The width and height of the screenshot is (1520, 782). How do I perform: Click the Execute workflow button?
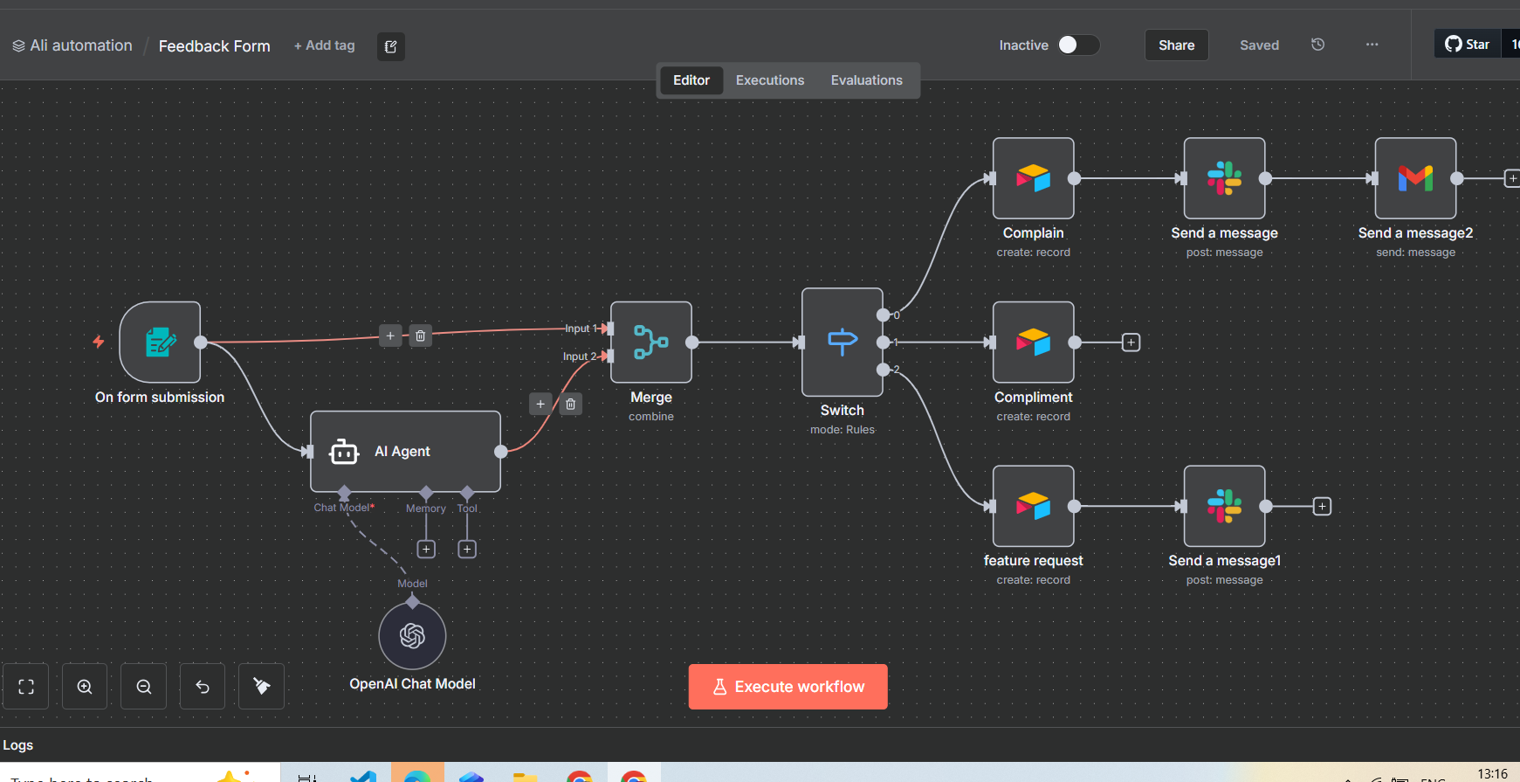788,687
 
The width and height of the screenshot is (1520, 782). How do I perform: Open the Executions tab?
769,80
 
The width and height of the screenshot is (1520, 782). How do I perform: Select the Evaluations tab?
866,80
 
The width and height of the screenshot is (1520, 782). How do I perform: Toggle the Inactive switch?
1078,45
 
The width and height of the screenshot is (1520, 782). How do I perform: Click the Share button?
1176,45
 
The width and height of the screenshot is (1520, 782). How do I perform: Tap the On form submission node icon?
160,342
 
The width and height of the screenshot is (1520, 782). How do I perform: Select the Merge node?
651,342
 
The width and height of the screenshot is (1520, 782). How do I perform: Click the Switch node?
842,342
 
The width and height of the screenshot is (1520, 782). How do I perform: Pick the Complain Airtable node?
1033,178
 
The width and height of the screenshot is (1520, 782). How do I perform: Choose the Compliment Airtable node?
1033,342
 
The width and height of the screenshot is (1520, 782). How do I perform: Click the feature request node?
1033,506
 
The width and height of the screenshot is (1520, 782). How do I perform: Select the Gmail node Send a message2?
1415,178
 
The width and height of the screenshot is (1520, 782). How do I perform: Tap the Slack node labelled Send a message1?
1224,506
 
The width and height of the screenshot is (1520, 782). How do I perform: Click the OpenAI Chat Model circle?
412,635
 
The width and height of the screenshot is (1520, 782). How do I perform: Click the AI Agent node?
405,451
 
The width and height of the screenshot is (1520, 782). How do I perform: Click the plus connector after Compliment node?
1131,343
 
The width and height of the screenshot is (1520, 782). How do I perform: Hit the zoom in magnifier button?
85,687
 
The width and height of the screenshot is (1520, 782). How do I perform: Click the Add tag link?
325,45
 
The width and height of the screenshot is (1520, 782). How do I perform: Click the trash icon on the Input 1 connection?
420,336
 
